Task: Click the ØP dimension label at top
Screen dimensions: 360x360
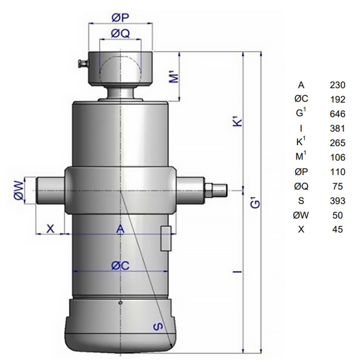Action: point(120,17)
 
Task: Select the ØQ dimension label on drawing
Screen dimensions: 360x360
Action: point(120,34)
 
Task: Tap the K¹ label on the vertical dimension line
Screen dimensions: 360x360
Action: point(238,121)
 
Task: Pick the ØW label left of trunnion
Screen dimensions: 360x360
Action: point(20,190)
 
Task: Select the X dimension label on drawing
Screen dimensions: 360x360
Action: point(51,229)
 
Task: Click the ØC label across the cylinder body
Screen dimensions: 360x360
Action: point(120,265)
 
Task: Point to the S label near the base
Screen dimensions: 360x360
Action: point(158,326)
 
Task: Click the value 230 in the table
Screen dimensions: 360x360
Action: point(337,85)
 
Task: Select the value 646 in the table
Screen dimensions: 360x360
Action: point(337,114)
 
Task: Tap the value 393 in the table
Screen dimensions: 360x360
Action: point(337,201)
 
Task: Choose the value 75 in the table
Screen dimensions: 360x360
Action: point(337,186)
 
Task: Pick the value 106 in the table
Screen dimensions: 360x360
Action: point(337,157)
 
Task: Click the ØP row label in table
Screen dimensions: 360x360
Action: point(301,172)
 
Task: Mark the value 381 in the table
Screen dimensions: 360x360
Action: point(337,129)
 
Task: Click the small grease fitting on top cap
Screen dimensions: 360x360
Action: point(83,64)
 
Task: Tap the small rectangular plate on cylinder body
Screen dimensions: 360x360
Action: point(166,238)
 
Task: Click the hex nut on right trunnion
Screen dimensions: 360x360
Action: point(209,190)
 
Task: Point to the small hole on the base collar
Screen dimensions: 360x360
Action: point(120,303)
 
